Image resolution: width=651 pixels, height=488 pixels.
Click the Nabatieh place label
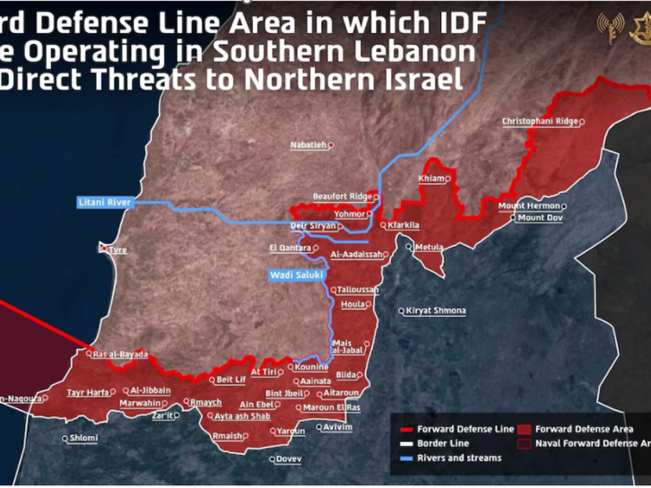[309, 145]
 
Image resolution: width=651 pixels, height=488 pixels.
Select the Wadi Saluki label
[297, 275]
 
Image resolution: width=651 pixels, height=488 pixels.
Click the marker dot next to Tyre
[104, 249]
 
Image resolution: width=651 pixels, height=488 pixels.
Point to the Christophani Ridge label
[540, 121]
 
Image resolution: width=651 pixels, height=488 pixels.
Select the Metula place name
[429, 248]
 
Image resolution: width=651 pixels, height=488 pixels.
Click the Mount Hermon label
[529, 206]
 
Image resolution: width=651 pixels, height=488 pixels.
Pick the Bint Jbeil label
[284, 394]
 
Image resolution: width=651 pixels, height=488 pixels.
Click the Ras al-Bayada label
[120, 355]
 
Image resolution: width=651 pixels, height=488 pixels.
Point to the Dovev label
[289, 459]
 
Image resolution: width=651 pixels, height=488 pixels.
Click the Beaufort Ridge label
[342, 197]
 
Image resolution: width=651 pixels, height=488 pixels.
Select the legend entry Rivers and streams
[459, 458]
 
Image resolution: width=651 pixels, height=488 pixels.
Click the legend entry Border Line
[443, 444]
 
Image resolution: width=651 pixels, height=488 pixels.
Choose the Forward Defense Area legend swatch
[524, 429]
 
